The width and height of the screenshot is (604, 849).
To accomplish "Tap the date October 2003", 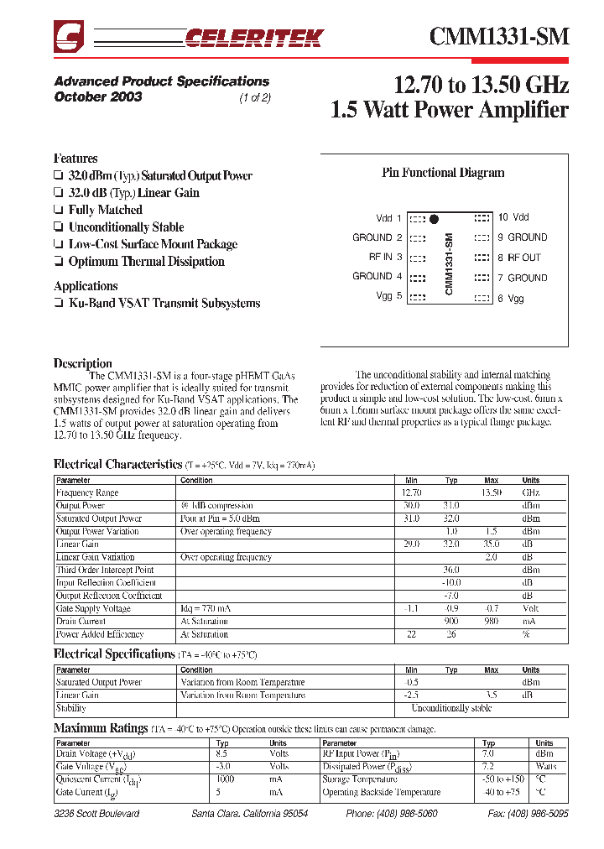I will pos(98,96).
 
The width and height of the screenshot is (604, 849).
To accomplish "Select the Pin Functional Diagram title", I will pos(443,173).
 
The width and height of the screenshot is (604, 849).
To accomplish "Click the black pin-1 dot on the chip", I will pos(434,220).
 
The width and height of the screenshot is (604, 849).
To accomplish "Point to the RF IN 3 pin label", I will pos(385,258).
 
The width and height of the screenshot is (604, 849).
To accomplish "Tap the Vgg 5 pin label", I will pos(390,296).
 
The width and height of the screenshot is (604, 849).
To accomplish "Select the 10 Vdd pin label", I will pos(513,217).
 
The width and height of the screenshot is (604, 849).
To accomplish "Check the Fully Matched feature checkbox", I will pos(58,211).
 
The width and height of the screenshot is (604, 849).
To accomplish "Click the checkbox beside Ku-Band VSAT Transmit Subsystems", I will pos(58,304).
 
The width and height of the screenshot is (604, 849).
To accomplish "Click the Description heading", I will pos(82,363).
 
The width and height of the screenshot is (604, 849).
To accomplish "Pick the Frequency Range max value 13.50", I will pos(491,493).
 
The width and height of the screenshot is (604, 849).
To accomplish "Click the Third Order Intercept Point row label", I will pos(105,570).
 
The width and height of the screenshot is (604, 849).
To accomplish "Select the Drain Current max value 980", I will pos(491,622).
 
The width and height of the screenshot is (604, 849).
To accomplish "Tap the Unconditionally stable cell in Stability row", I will pos(451,708).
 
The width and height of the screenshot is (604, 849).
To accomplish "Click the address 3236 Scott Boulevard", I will pos(96,815).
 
